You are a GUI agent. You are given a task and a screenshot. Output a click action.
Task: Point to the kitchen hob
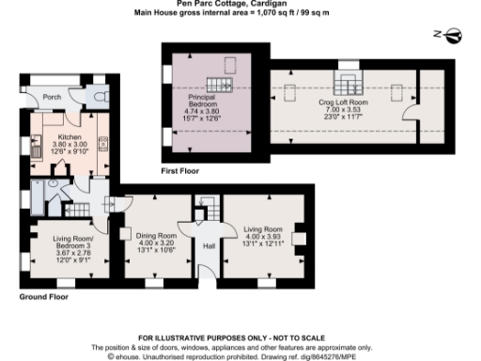tap(102, 145)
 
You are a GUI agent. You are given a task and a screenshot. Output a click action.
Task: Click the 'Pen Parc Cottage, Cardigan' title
tap(240, 5)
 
